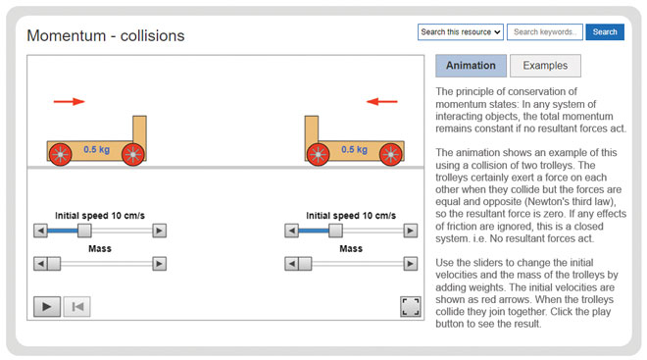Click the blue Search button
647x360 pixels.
click(605, 32)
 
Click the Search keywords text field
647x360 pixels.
click(545, 32)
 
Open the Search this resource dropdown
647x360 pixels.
click(461, 32)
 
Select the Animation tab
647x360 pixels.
click(471, 66)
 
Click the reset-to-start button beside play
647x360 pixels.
click(76, 306)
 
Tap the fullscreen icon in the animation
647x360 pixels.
click(410, 306)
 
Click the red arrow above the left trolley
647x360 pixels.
click(69, 101)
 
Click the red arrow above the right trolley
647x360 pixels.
click(382, 101)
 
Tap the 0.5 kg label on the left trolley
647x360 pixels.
click(96, 150)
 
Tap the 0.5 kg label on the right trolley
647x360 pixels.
click(354, 150)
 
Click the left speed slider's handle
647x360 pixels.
click(84, 231)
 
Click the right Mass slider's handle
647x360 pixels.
click(305, 264)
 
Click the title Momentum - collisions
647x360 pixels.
click(106, 36)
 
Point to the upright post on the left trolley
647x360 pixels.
click(139, 129)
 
